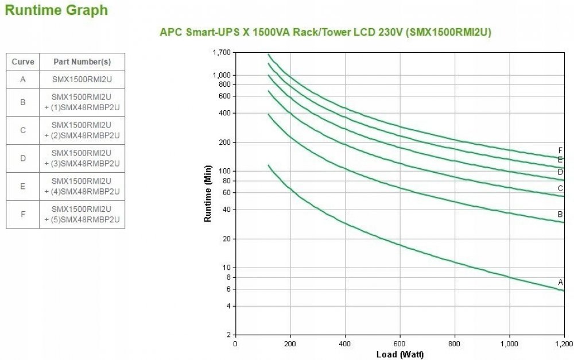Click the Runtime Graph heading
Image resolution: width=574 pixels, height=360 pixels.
[x=56, y=10]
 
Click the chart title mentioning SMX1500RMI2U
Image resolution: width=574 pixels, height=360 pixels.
[x=325, y=33]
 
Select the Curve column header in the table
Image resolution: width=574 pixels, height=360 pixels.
[x=23, y=62]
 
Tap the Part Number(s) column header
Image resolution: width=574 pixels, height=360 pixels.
[x=82, y=62]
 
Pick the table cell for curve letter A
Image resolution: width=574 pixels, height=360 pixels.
[x=23, y=79]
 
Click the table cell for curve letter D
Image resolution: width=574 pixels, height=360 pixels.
[x=23, y=158]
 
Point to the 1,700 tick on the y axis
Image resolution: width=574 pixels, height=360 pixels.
[x=221, y=53]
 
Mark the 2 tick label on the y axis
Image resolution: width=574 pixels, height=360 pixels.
[x=228, y=335]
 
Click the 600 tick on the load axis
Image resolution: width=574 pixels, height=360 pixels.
[x=400, y=344]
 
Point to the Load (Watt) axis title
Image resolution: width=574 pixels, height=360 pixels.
[x=400, y=354]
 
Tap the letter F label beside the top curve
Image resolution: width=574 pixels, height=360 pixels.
[x=560, y=150]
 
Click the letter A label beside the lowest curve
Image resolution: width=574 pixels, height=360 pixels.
[x=561, y=282]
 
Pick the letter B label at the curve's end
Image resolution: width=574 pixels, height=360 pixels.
[x=560, y=214]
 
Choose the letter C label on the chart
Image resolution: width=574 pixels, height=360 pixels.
[x=560, y=188]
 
